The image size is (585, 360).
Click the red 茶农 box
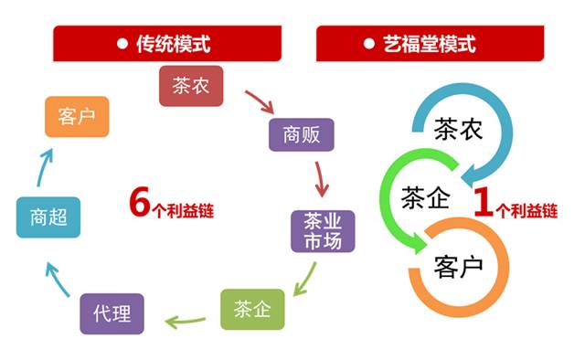(191, 85)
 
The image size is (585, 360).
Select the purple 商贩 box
(301, 135)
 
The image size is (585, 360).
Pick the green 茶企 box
(252, 308)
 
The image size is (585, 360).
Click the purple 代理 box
(112, 313)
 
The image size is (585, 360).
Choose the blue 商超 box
(48, 217)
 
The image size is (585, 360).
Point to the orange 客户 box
(77, 116)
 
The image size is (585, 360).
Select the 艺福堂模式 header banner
(431, 43)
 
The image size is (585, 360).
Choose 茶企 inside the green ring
(426, 197)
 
